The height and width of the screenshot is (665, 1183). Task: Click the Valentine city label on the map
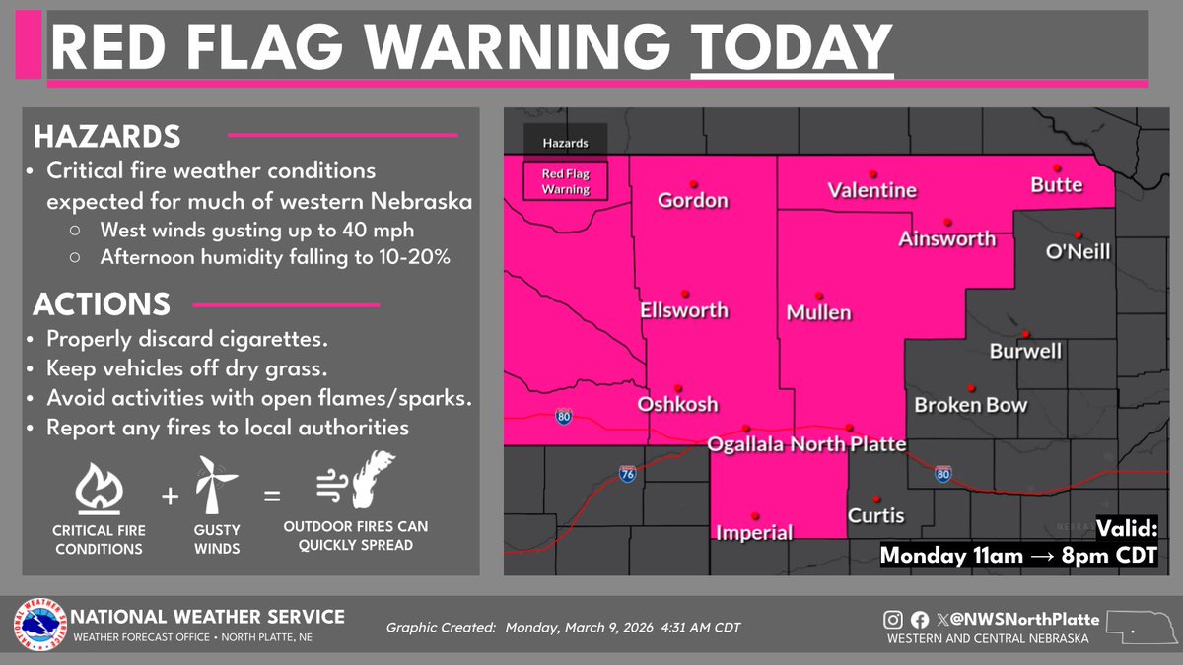click(x=872, y=190)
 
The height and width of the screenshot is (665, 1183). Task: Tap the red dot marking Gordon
click(x=694, y=183)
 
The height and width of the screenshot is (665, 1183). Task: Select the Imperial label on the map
click(x=754, y=533)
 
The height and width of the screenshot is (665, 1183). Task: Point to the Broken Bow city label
click(x=970, y=405)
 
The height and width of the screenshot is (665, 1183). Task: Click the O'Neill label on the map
click(x=1078, y=252)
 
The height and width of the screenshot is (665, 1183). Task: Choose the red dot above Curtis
click(x=876, y=499)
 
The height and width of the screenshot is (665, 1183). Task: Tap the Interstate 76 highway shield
click(x=627, y=473)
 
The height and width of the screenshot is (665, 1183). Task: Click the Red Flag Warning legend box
click(x=565, y=180)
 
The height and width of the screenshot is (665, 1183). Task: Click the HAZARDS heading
click(x=107, y=135)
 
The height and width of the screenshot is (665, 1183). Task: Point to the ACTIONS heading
click(x=102, y=302)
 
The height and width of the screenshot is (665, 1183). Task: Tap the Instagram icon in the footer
click(x=892, y=620)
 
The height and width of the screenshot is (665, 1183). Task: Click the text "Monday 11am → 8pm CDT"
click(x=1017, y=555)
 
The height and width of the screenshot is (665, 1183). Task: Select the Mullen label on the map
click(x=818, y=313)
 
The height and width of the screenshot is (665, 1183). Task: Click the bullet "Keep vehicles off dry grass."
click(x=177, y=368)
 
